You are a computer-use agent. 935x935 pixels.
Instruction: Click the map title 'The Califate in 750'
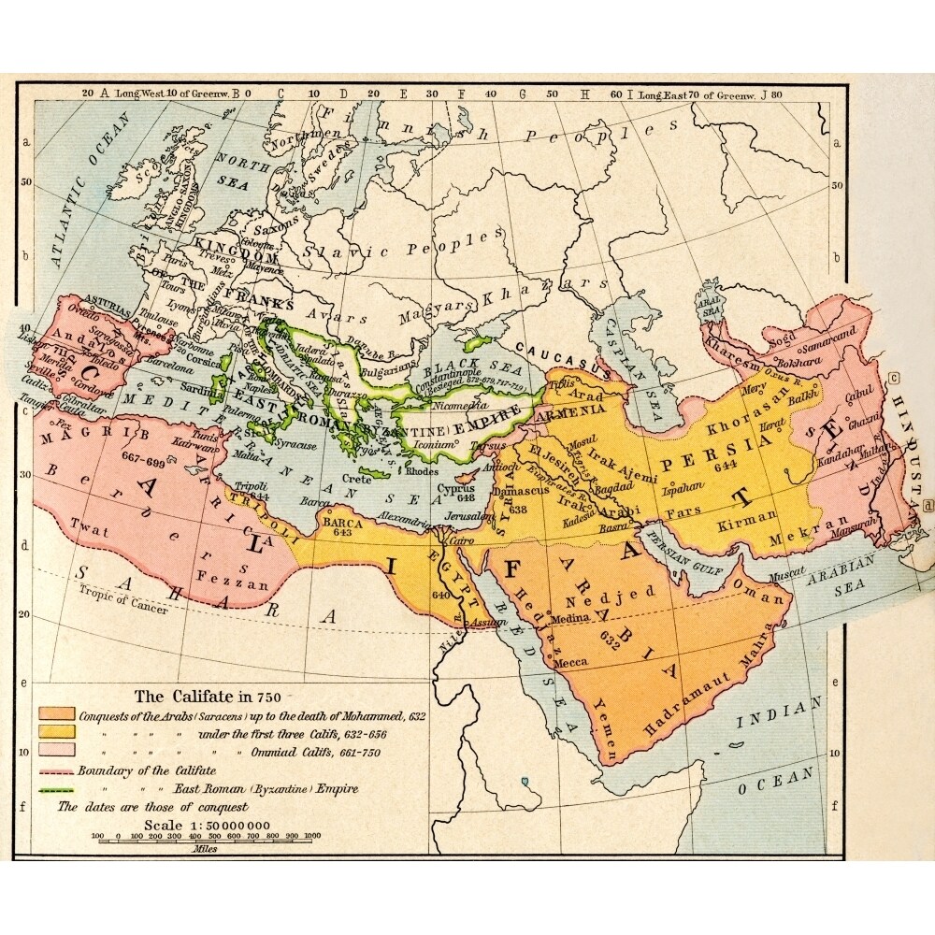207,696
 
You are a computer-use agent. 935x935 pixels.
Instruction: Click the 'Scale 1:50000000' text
207,824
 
